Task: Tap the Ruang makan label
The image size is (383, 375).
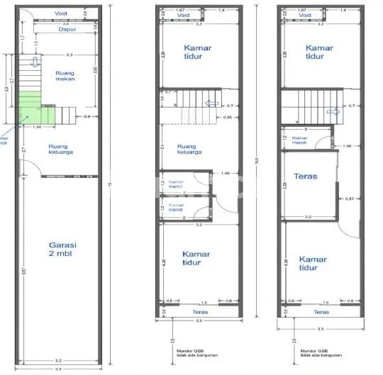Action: (65, 76)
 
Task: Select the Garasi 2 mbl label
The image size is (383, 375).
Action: (62, 249)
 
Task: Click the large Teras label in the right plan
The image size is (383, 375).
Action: (306, 176)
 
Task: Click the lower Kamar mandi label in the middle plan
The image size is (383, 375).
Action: (176, 207)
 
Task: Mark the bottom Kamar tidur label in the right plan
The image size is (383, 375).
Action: (313, 263)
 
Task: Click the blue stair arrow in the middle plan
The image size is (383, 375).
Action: (210, 103)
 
